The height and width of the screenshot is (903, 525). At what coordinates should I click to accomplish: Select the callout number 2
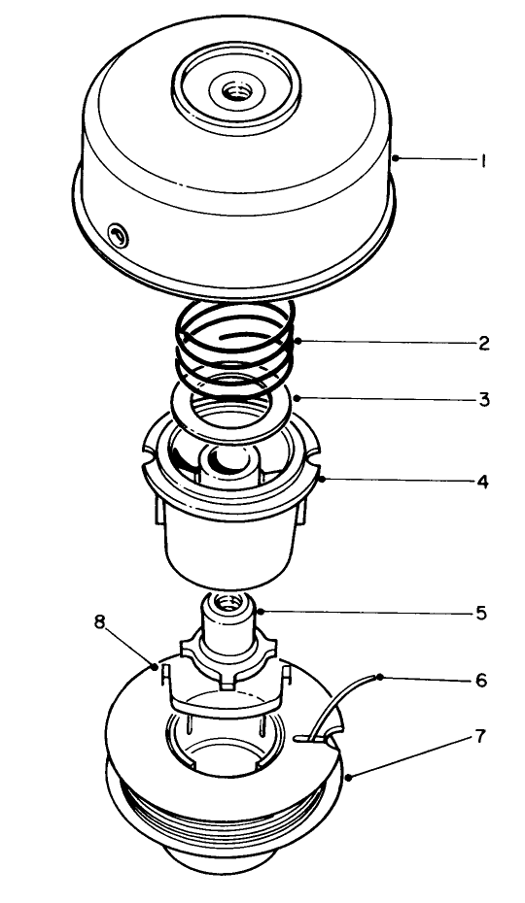[483, 343]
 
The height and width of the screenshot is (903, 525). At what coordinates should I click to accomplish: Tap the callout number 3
[483, 399]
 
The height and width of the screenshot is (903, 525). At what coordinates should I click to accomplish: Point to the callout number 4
[483, 482]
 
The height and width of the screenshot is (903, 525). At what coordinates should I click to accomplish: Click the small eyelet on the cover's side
[118, 233]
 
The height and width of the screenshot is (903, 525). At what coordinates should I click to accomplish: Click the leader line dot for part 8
[157, 665]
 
